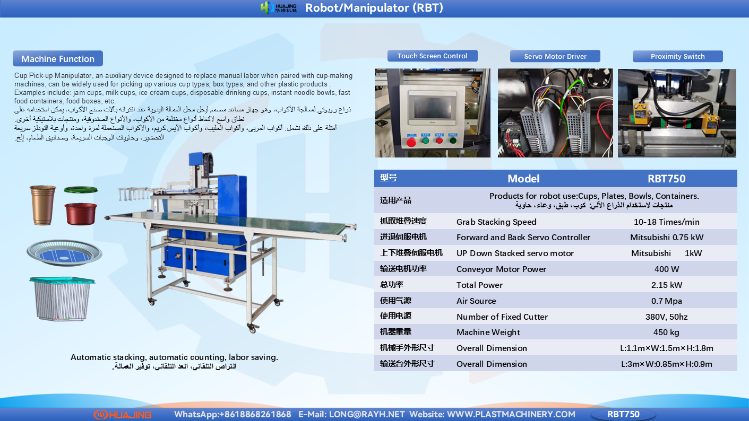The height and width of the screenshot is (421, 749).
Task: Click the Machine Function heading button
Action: click(x=58, y=59)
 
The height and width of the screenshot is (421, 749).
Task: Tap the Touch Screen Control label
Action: click(x=432, y=56)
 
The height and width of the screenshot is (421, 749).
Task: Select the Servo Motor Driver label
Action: click(x=555, y=56)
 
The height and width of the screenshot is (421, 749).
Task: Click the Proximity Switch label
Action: click(x=677, y=56)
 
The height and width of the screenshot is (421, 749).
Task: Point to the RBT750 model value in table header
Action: click(x=666, y=179)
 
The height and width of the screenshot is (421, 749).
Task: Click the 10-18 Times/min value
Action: click(x=666, y=222)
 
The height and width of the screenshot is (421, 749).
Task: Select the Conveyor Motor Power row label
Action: click(x=501, y=269)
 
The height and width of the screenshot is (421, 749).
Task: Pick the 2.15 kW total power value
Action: click(x=666, y=285)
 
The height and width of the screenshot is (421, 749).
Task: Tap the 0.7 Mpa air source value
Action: click(x=666, y=301)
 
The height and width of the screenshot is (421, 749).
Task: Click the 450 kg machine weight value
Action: click(x=666, y=332)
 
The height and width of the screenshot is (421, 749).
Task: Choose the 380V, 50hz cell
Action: click(x=666, y=317)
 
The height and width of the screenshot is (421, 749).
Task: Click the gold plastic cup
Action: click(x=43, y=205)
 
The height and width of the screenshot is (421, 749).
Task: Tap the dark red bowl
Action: click(x=81, y=214)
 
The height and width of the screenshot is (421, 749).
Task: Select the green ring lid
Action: click(x=81, y=190)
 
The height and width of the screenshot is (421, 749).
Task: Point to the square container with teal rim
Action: click(x=62, y=299)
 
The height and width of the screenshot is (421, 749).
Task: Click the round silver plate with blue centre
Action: click(x=65, y=252)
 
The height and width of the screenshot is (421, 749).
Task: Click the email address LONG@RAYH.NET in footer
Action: click(x=367, y=414)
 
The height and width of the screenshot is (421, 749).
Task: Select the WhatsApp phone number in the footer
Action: click(x=255, y=414)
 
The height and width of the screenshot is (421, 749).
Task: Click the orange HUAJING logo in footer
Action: click(x=123, y=415)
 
